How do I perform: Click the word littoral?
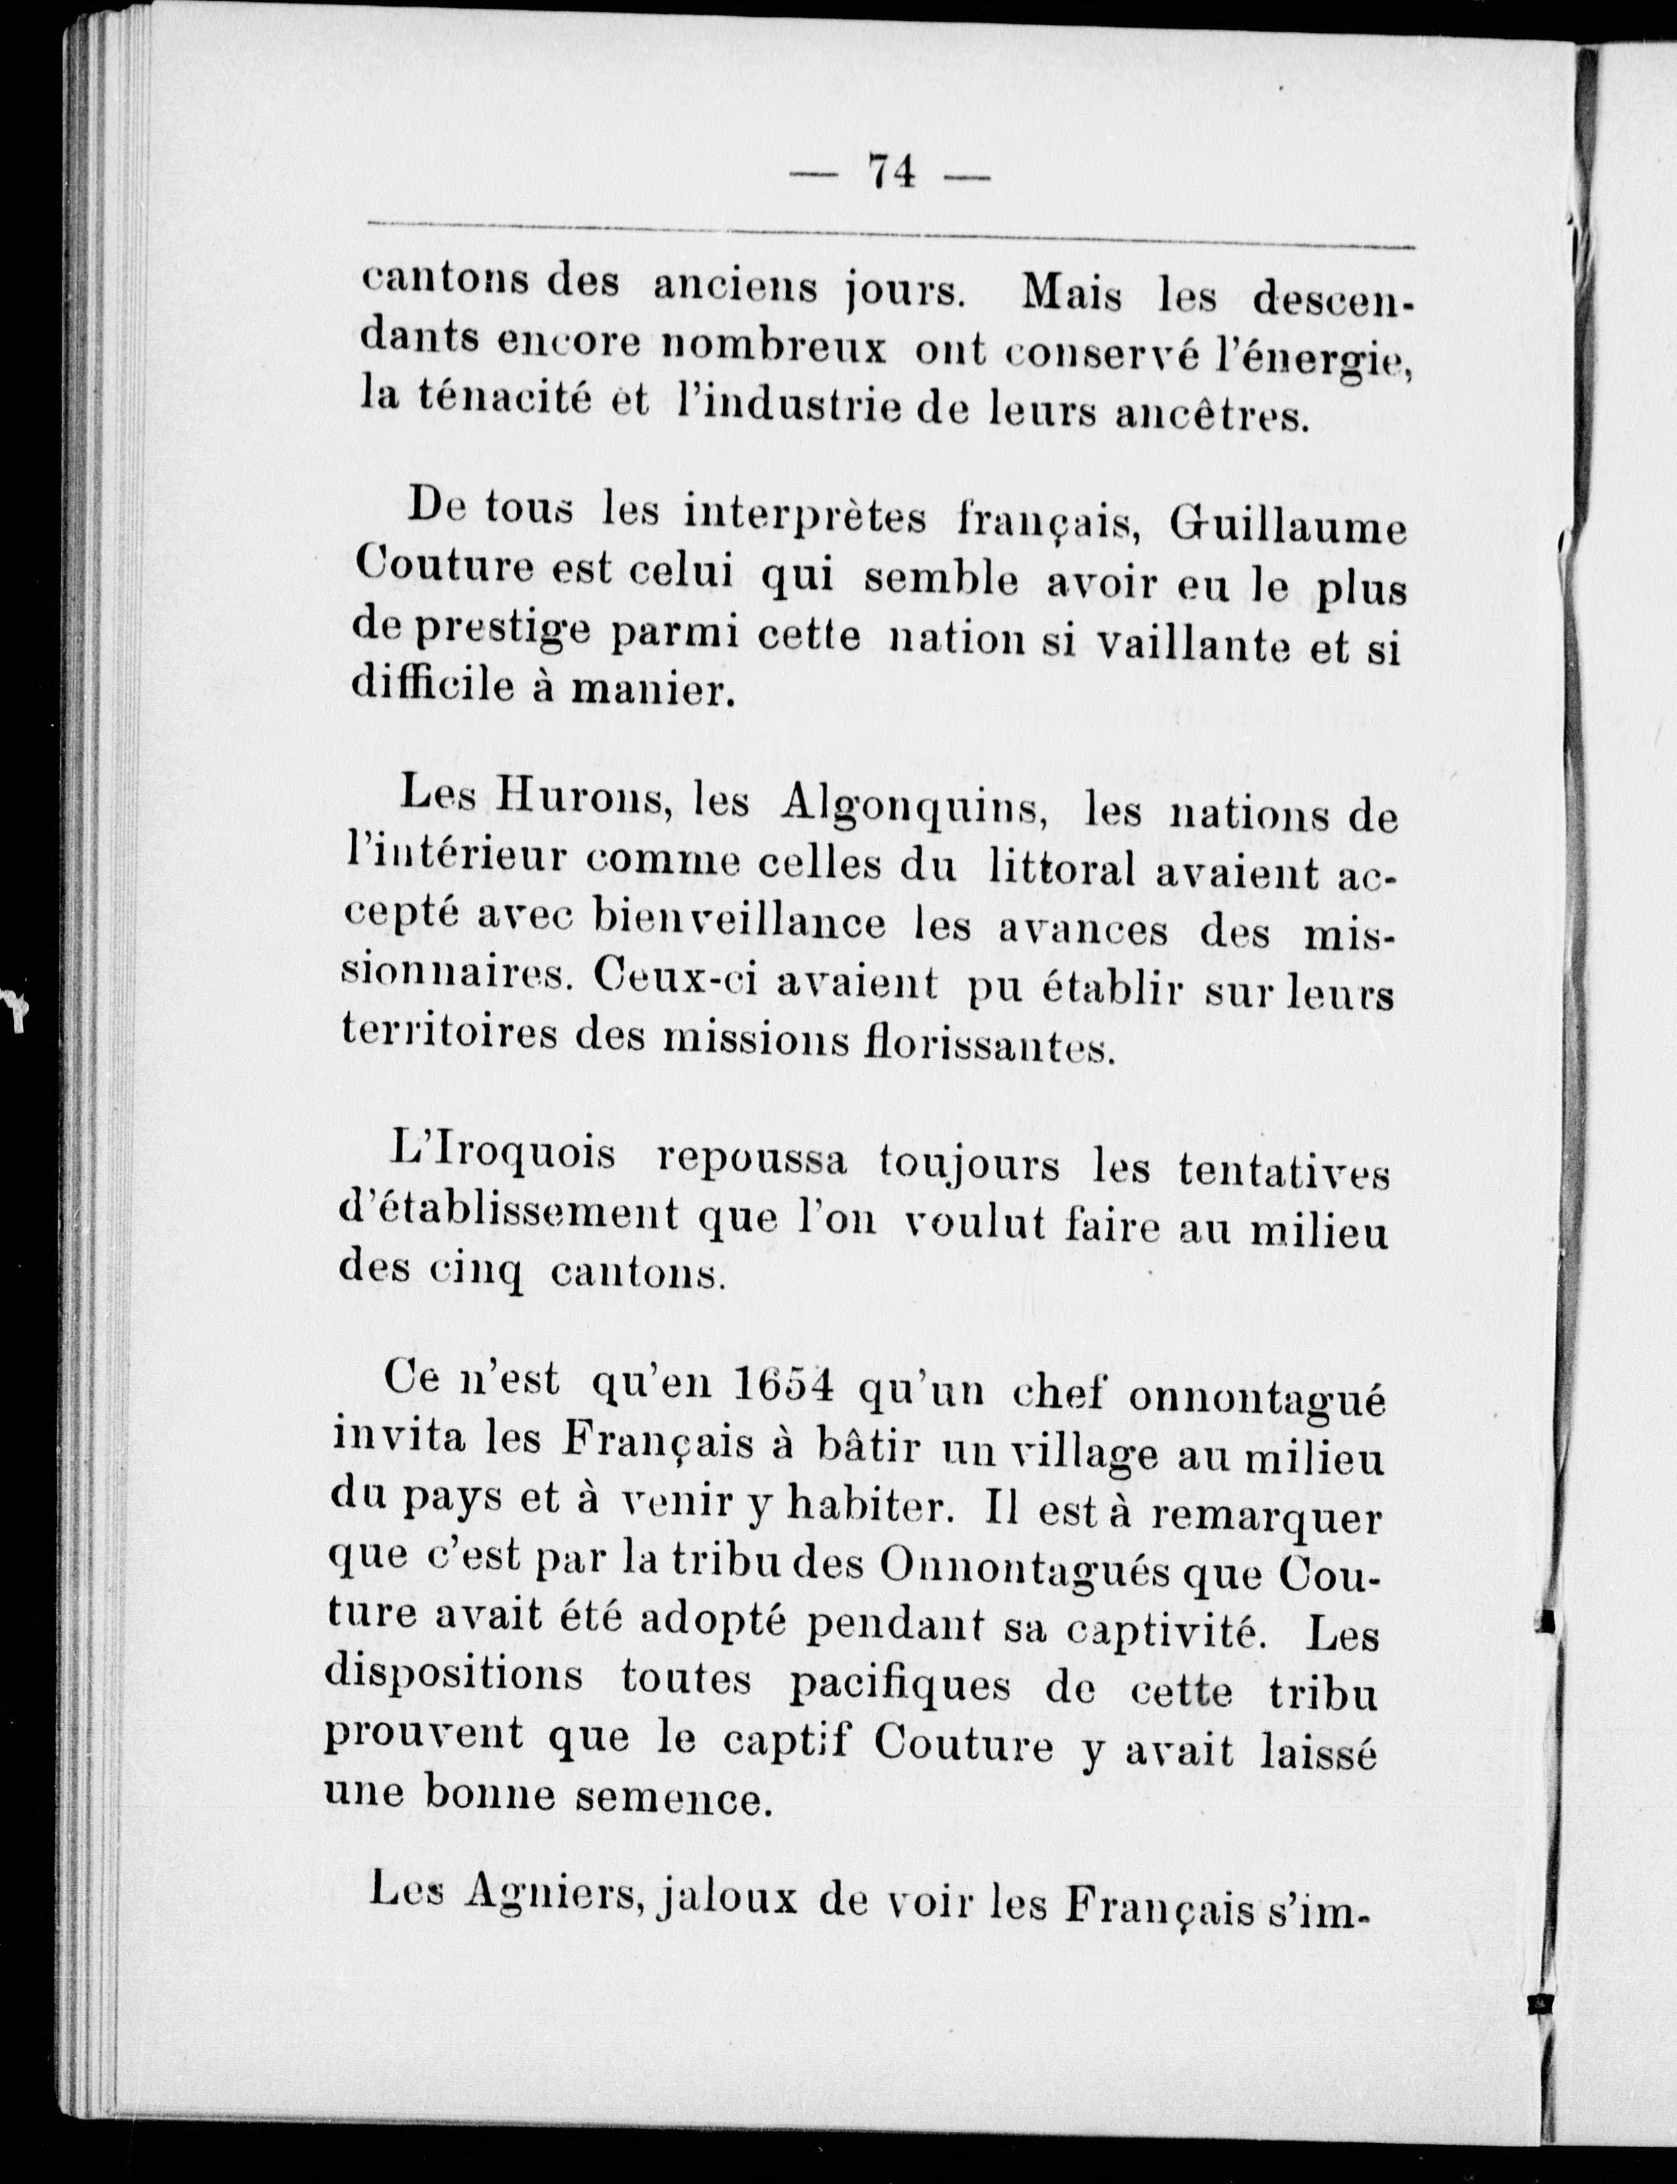tap(1062, 869)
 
